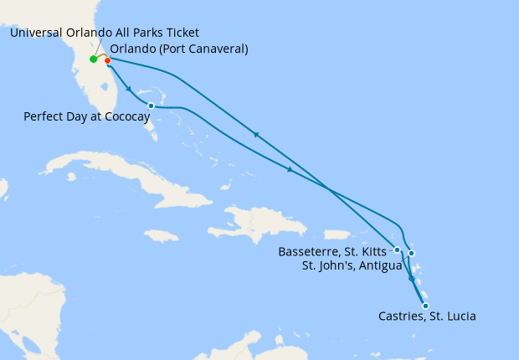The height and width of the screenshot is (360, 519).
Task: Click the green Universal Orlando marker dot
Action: click(x=93, y=59)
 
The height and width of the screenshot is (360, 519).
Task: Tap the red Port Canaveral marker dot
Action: click(x=108, y=60)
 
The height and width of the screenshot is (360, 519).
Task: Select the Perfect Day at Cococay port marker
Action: click(x=151, y=106)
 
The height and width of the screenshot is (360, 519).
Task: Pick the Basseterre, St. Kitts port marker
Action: click(x=397, y=249)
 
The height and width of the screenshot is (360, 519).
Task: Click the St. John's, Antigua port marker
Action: click(x=411, y=254)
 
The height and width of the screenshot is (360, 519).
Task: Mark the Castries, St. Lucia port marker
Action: click(x=425, y=306)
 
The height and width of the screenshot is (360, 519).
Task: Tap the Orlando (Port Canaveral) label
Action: click(x=179, y=49)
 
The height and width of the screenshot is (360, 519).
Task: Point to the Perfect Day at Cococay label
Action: click(x=87, y=119)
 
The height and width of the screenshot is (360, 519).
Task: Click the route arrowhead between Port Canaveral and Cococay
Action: click(x=129, y=88)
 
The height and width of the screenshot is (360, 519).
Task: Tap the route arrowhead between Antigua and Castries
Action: click(x=411, y=279)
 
